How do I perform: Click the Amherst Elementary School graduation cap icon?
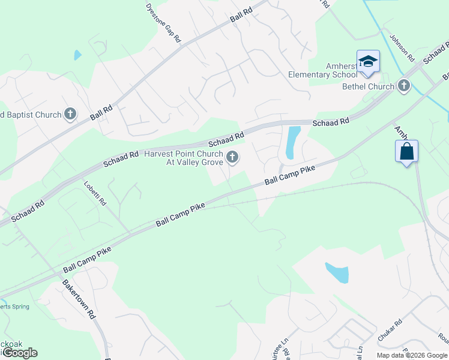368,61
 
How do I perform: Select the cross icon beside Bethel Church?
404,86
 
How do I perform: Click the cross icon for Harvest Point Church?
232,158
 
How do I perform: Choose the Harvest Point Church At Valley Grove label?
184,158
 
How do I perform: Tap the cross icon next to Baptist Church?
70,114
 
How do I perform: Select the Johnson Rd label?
402,47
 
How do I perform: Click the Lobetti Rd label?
95,193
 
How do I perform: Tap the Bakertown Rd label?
79,298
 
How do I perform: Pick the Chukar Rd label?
390,331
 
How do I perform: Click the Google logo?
19,353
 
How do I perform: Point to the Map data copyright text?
412,355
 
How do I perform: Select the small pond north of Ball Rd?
77,55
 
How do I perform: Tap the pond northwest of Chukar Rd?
337,272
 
